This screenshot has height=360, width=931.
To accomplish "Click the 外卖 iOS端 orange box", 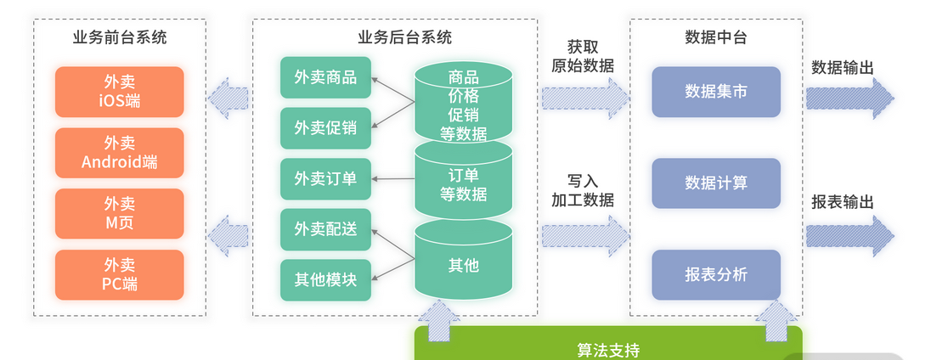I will click(119, 92).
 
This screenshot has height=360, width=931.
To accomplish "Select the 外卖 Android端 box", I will click(119, 153).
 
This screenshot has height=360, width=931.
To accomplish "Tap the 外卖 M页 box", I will click(119, 214).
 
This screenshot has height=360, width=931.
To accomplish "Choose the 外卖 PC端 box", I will click(119, 275).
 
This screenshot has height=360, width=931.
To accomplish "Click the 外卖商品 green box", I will click(325, 78).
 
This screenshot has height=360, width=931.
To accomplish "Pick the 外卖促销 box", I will click(325, 128).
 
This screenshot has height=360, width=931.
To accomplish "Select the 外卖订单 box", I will click(325, 178).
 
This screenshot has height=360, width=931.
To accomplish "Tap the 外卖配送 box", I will click(325, 229).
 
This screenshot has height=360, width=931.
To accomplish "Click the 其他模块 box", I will click(325, 279).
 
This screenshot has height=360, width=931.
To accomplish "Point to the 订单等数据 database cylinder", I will click(463, 184).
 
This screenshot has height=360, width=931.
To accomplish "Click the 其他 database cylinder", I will click(463, 265).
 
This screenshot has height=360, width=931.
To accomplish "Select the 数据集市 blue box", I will click(716, 92).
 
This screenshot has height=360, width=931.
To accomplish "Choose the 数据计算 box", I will click(716, 183).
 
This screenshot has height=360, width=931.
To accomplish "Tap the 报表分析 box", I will click(716, 274).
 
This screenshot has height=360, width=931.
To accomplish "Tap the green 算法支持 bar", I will click(607, 348).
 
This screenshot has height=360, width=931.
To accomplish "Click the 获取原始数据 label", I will click(583, 55).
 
